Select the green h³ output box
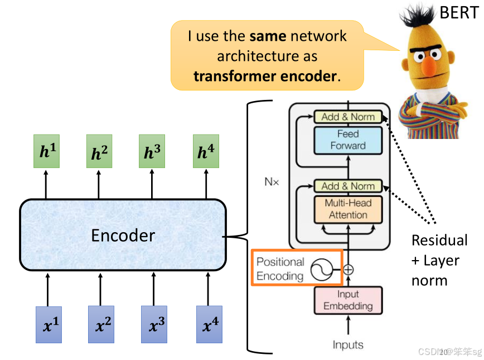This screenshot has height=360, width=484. click(152, 151)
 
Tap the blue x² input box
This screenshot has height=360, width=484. click(100, 324)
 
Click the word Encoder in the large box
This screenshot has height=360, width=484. click(123, 235)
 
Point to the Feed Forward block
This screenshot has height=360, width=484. click(348, 140)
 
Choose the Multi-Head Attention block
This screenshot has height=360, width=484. click(348, 209)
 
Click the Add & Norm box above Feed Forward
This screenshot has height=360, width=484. click(348, 117)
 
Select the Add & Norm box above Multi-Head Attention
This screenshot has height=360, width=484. click(348, 186)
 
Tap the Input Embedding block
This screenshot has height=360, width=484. click(348, 300)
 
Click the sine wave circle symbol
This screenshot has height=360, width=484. click(321, 271)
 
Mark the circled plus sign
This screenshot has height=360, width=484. click(349, 270)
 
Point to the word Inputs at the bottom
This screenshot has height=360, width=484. click(348, 344)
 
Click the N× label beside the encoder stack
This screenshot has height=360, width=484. click(272, 181)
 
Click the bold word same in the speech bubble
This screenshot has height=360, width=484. click(268, 37)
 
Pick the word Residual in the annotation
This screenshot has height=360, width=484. click(439, 241)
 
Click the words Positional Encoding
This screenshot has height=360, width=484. click(280, 268)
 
